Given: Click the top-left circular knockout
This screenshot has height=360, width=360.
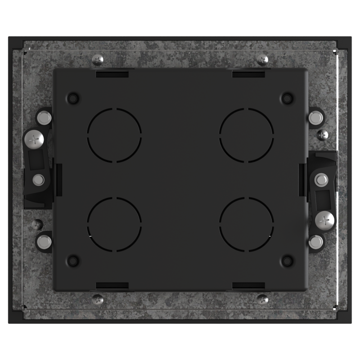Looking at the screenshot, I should pos(114,135).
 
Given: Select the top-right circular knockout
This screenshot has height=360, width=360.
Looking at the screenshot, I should pos(247,135).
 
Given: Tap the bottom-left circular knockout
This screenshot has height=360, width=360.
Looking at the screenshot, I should pos(114,224).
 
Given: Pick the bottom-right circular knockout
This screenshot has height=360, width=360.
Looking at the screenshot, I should pos(247,224).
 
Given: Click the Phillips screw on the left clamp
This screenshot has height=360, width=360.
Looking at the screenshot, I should pos(34,139).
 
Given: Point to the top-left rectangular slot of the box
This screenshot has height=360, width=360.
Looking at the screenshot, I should pos(112,74).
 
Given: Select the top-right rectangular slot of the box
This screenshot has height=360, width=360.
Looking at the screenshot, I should pos(248,74).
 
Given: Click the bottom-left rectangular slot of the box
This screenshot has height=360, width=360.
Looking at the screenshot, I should pos(112,285).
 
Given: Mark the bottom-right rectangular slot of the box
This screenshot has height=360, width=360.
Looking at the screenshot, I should pos(248,285).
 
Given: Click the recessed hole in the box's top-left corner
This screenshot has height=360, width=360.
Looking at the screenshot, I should pos(73,98).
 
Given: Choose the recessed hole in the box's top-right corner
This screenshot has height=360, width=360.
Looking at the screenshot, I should pos(287,98).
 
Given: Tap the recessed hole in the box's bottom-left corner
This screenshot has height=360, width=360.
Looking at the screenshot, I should pos(73,260).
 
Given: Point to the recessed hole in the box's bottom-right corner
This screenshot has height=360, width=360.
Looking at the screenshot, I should pos(287,260).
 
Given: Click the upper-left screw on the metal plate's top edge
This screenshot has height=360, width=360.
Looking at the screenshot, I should pos(98,59).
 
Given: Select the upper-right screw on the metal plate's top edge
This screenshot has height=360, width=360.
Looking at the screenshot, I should pos(263,59).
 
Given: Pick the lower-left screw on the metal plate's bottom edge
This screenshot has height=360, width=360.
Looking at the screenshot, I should pos(98,299).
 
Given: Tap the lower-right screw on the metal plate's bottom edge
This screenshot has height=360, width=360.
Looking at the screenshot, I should pos(263,299).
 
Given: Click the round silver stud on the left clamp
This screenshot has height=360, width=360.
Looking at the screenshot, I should pos(39,180).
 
